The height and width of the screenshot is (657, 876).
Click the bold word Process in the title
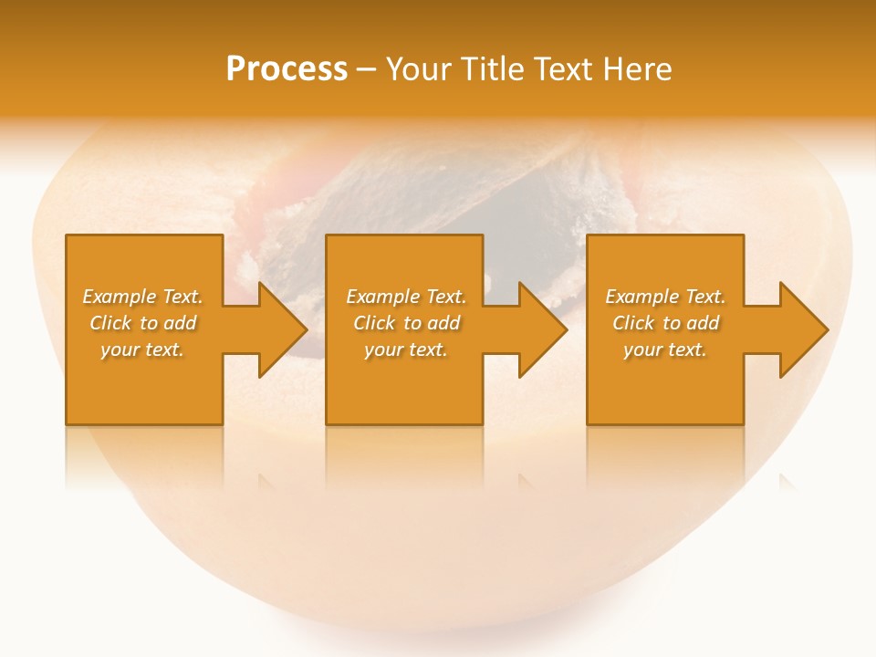coord(287,69)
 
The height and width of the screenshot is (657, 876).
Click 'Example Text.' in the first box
coord(142,297)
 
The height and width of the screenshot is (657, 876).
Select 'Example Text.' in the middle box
coord(406,297)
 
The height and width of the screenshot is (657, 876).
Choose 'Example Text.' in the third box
coord(665,297)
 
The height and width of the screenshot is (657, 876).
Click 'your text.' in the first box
coord(142,349)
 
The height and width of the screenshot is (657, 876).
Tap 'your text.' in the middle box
coord(406,349)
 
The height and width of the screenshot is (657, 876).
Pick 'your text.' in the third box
coord(665,349)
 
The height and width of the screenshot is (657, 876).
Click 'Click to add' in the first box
coord(142,323)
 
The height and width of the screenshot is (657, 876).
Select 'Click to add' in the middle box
coord(406,323)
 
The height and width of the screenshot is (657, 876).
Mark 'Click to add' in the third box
coord(665,323)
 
